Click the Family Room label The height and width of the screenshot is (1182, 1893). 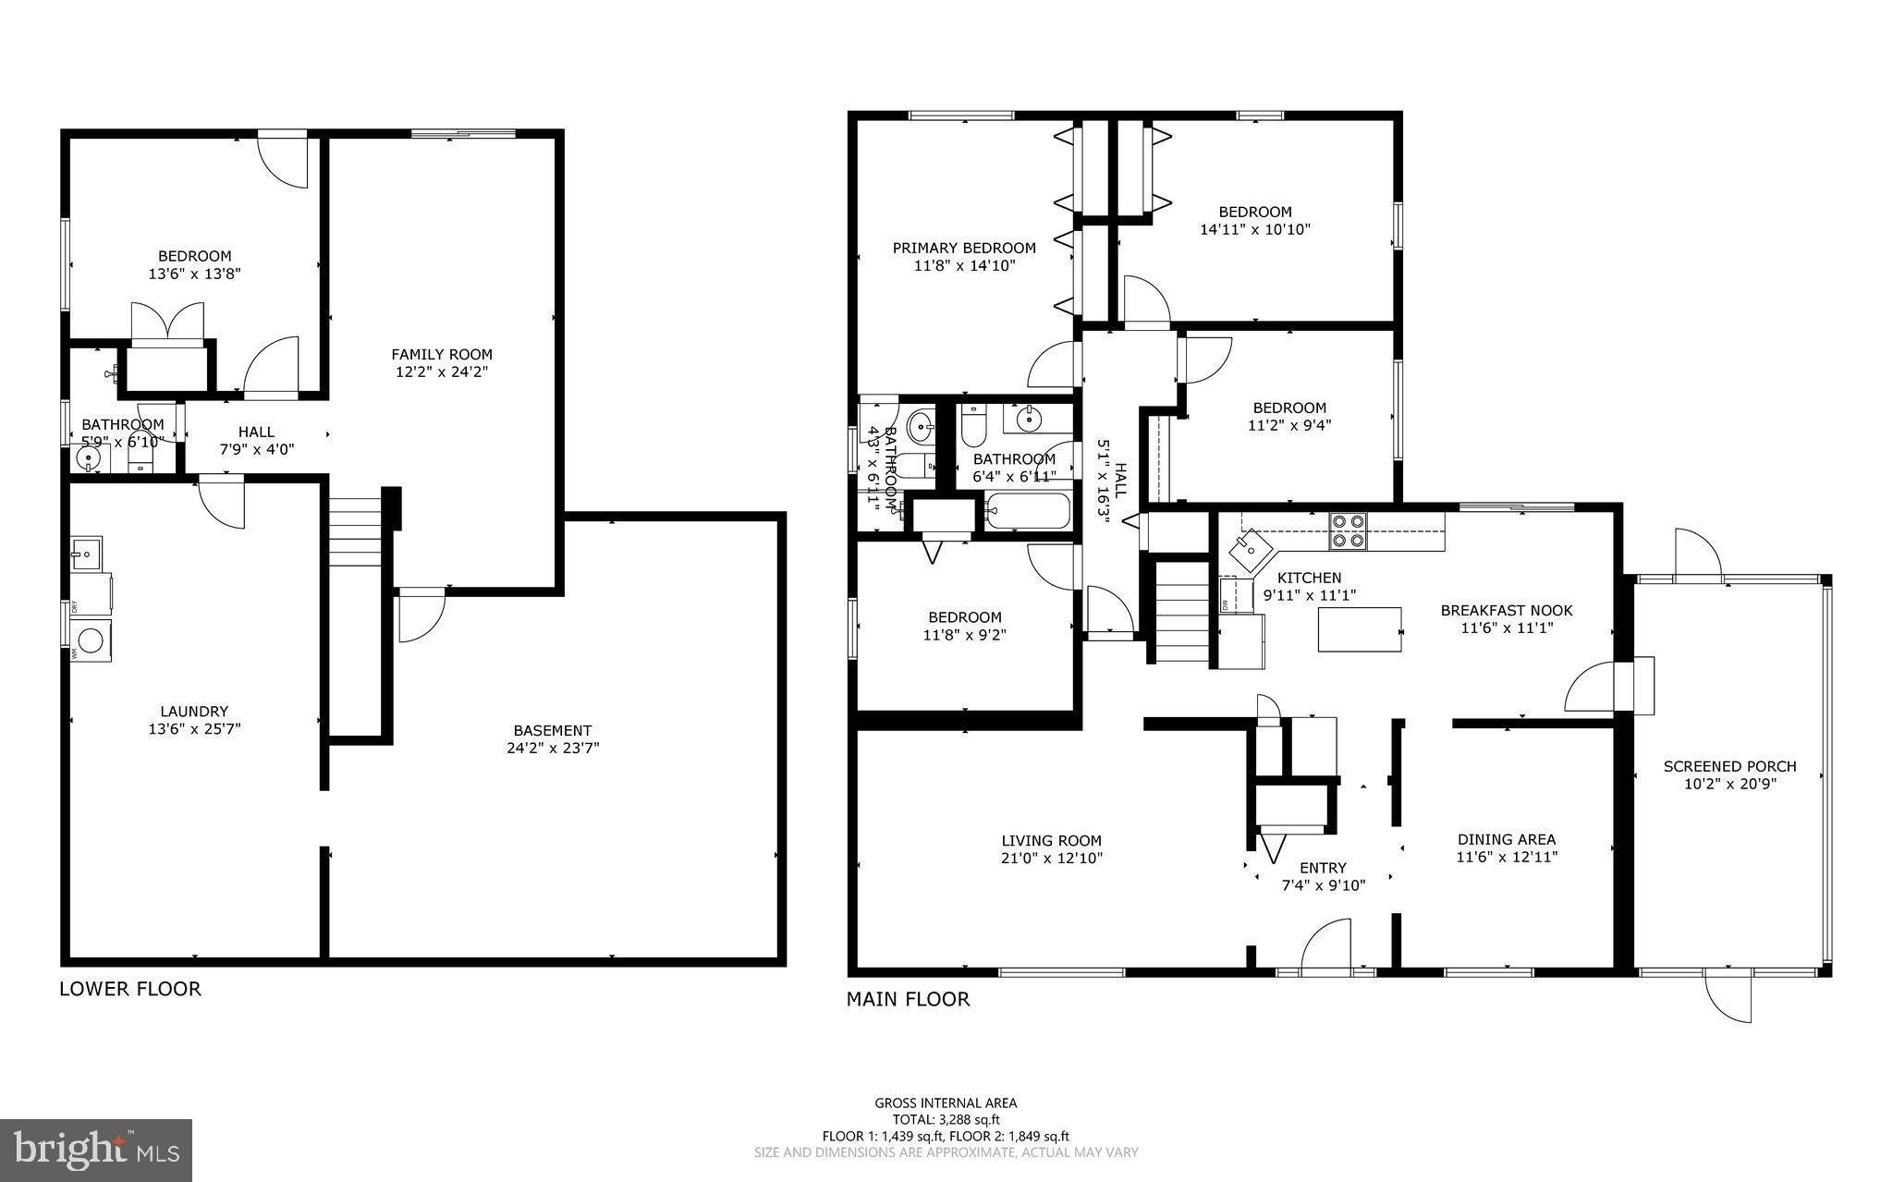[441, 354]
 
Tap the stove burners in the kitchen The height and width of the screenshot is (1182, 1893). [1347, 531]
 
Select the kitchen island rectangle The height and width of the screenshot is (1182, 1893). [1359, 629]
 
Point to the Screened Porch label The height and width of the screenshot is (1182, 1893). [1729, 766]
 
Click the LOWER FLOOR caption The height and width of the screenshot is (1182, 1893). [129, 989]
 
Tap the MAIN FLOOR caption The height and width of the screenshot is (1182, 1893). [908, 999]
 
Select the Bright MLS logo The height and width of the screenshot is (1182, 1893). [96, 1150]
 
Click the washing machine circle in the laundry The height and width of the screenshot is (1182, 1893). [91, 640]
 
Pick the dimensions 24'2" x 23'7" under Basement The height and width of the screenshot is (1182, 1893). [553, 748]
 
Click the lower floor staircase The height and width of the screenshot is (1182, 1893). [356, 531]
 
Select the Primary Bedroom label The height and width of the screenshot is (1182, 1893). [963, 248]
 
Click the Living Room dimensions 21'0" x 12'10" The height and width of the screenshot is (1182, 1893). [1051, 858]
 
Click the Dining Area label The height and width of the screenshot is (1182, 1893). [1506, 839]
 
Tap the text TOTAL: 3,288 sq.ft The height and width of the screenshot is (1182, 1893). [946, 1119]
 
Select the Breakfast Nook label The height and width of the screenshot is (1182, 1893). [1506, 610]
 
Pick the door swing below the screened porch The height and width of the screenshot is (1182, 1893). [1728, 998]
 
